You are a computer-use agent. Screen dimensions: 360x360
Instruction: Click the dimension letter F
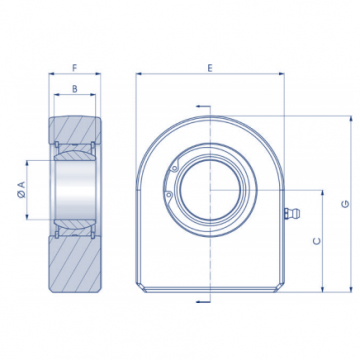[75, 68]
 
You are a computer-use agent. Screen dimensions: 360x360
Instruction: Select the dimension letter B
[75, 89]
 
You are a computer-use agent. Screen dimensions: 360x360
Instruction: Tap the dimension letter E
[210, 68]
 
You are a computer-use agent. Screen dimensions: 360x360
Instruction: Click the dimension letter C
[317, 241]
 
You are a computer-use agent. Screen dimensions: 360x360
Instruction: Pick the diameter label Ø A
[21, 190]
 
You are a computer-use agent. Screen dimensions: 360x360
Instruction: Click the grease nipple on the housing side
[292, 213]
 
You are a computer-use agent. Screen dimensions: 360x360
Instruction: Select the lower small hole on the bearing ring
[168, 194]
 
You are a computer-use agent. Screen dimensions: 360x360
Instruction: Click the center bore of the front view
[210, 190]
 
